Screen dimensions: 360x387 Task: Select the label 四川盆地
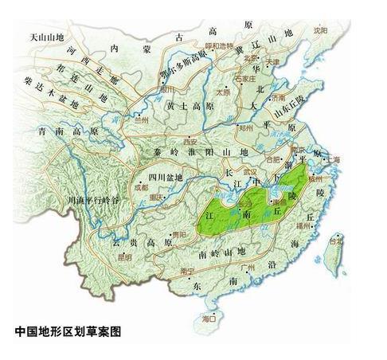[166, 176]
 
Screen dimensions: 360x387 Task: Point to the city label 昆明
[125, 256]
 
